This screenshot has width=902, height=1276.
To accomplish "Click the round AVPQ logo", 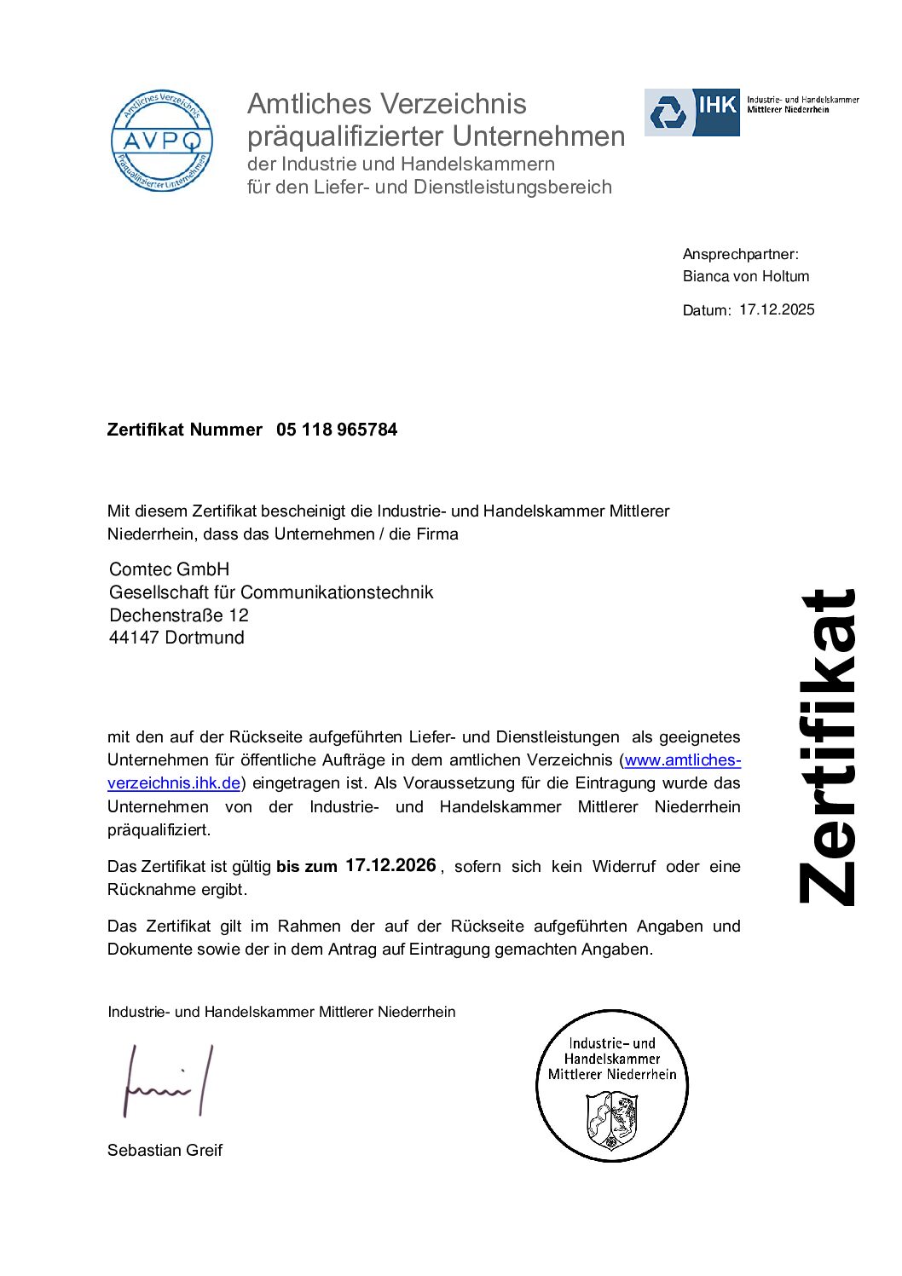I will click(x=161, y=141).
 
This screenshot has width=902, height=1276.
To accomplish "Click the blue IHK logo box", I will click(x=691, y=112).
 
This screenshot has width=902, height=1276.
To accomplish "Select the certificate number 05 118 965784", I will click(x=337, y=430).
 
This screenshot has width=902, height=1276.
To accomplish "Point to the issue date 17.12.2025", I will click(x=777, y=309).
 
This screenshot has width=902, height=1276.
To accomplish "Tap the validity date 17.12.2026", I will click(x=390, y=865).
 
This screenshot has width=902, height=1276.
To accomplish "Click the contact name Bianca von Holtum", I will click(x=746, y=276).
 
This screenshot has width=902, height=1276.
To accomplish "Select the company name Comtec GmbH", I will click(x=169, y=569).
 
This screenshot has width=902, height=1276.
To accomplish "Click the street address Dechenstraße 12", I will click(x=179, y=615).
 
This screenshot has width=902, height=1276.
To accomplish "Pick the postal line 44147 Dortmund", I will click(x=176, y=638).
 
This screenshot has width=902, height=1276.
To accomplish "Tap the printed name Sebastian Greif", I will click(x=165, y=1150).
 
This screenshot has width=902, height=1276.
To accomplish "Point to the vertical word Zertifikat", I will click(x=827, y=747).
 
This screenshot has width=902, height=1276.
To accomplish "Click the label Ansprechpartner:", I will click(x=740, y=254).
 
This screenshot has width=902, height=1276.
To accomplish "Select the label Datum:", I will click(x=706, y=310).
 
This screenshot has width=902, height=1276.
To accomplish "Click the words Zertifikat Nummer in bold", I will click(x=184, y=430).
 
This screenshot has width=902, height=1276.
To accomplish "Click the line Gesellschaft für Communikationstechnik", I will click(x=271, y=592).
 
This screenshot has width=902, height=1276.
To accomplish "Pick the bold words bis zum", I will click(x=307, y=867).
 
